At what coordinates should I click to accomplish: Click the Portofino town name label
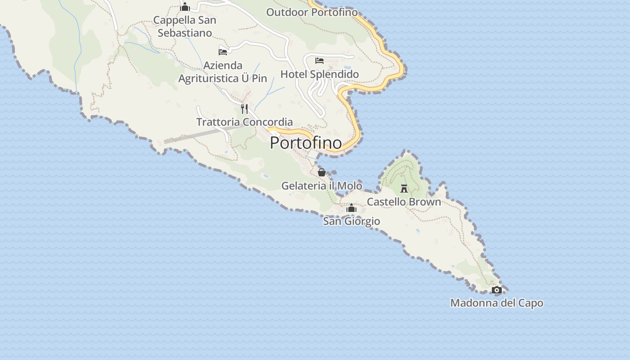[x=306, y=143]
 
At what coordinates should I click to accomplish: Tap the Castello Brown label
[x=404, y=202]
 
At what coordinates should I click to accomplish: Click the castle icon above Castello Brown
[x=404, y=188]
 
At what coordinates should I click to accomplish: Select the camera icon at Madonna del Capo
[x=496, y=290]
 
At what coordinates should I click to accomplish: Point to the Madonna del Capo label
[x=496, y=303]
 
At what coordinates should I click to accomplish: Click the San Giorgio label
[x=351, y=221]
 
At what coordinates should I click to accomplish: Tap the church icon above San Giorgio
[x=351, y=208]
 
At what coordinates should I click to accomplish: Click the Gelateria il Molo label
[x=321, y=185]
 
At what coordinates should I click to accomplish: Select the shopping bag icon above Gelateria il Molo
[x=321, y=172]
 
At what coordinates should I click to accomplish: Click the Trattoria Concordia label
[x=244, y=122]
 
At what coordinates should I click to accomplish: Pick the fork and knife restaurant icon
[x=244, y=108]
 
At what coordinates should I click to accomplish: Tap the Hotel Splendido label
[x=319, y=74]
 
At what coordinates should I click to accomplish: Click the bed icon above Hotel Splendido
[x=319, y=61]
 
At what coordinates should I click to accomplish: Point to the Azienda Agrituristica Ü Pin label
[x=223, y=72]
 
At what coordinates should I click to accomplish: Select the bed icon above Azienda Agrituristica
[x=223, y=52]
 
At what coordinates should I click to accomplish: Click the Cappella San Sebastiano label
[x=184, y=26]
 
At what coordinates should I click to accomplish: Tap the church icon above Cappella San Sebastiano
[x=184, y=7]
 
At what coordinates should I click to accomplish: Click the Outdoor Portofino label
[x=312, y=12]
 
